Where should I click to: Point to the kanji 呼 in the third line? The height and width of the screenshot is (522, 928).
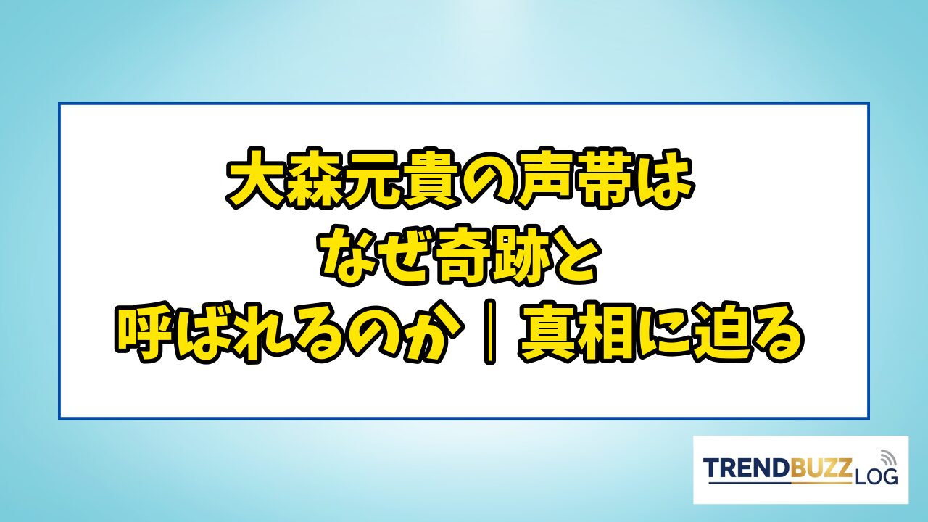tap(144, 333)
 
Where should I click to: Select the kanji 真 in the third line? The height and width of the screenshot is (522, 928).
tap(547, 333)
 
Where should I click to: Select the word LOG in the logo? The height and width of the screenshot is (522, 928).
tap(874, 477)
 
